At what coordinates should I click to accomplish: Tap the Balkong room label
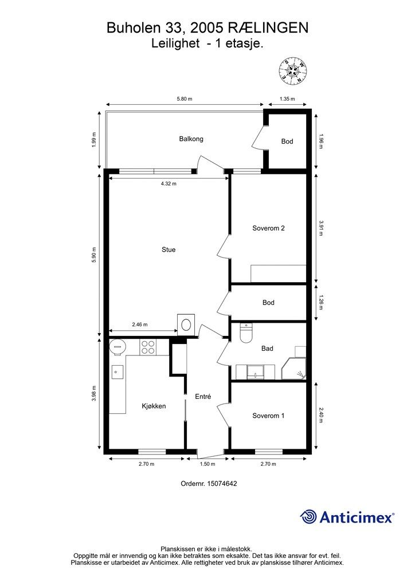pyautogui.click(x=191, y=139)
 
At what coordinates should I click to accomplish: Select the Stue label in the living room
pyautogui.click(x=169, y=250)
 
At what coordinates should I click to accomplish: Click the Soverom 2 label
pyautogui.click(x=268, y=228)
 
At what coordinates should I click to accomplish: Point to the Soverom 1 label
pyautogui.click(x=268, y=415)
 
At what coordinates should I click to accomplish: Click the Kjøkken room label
pyautogui.click(x=154, y=406)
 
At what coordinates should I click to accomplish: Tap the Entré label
pyautogui.click(x=203, y=397)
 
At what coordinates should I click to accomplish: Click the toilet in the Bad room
pyautogui.click(x=246, y=334)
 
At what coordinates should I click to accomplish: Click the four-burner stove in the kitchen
pyautogui.click(x=148, y=347)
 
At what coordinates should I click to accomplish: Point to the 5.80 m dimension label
pyautogui.click(x=184, y=99)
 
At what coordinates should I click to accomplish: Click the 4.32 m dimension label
pyautogui.click(x=169, y=184)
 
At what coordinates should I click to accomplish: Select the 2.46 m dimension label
pyautogui.click(x=140, y=324)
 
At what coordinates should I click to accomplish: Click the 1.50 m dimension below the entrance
pyautogui.click(x=207, y=464)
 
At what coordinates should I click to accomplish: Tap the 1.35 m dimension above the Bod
pyautogui.click(x=287, y=99)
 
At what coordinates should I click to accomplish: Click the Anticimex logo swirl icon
pyautogui.click(x=308, y=517)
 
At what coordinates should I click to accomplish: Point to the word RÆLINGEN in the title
pyautogui.click(x=268, y=28)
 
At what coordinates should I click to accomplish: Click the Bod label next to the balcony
pyautogui.click(x=287, y=141)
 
